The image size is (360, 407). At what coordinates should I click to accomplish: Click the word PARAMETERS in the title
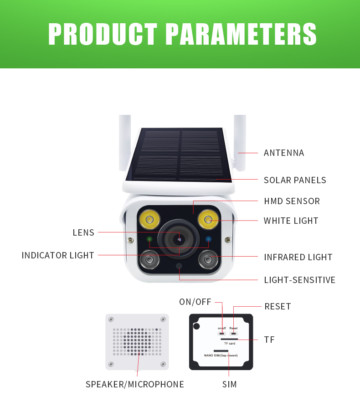[241, 34]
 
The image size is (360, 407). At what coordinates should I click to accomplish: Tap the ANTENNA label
[284, 153]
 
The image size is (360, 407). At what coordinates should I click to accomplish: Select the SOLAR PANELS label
[295, 180]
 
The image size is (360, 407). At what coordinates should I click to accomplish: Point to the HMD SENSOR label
[292, 201]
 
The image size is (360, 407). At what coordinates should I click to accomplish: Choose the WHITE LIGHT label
[291, 221]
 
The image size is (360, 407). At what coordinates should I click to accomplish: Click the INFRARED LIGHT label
[298, 257]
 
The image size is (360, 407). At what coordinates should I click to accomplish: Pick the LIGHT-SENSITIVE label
[299, 280]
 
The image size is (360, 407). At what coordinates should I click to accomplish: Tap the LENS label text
[83, 232]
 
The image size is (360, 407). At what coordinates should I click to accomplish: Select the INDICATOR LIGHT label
[57, 255]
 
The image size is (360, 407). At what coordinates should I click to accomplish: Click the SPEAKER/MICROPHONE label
[135, 384]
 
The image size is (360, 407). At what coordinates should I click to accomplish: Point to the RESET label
[278, 307]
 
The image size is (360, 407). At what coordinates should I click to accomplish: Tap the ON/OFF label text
[195, 302]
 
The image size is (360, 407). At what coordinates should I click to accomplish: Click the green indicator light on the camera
[149, 239]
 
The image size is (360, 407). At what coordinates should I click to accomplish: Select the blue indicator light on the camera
[208, 239]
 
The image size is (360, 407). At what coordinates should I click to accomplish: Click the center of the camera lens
[179, 239]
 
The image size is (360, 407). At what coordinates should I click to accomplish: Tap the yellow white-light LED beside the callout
[208, 220]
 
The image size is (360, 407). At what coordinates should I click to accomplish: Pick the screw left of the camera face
[131, 240]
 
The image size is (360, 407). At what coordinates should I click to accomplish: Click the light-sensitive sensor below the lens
[179, 266]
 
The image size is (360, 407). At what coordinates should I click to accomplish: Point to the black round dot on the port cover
[196, 326]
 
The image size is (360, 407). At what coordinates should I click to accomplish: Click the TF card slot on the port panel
[229, 339]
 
